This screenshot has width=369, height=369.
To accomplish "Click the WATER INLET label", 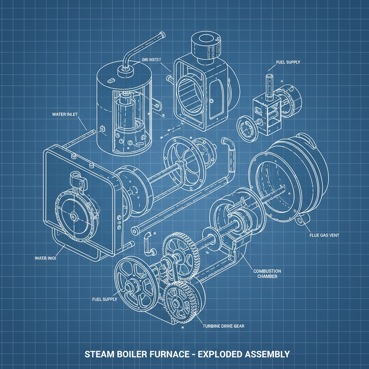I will click(x=65, y=115).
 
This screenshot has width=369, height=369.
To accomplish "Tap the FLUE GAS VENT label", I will click(x=324, y=235).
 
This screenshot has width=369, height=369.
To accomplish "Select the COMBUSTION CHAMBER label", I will click(x=267, y=274).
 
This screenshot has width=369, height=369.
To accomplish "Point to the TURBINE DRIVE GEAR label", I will click(x=224, y=326).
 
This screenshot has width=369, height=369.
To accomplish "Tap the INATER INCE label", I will click(x=46, y=258).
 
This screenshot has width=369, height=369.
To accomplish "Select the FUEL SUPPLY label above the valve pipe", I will click(x=288, y=62).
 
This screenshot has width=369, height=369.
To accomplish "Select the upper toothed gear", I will click(x=182, y=256).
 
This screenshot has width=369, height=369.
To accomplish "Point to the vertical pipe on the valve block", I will click(x=268, y=86).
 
